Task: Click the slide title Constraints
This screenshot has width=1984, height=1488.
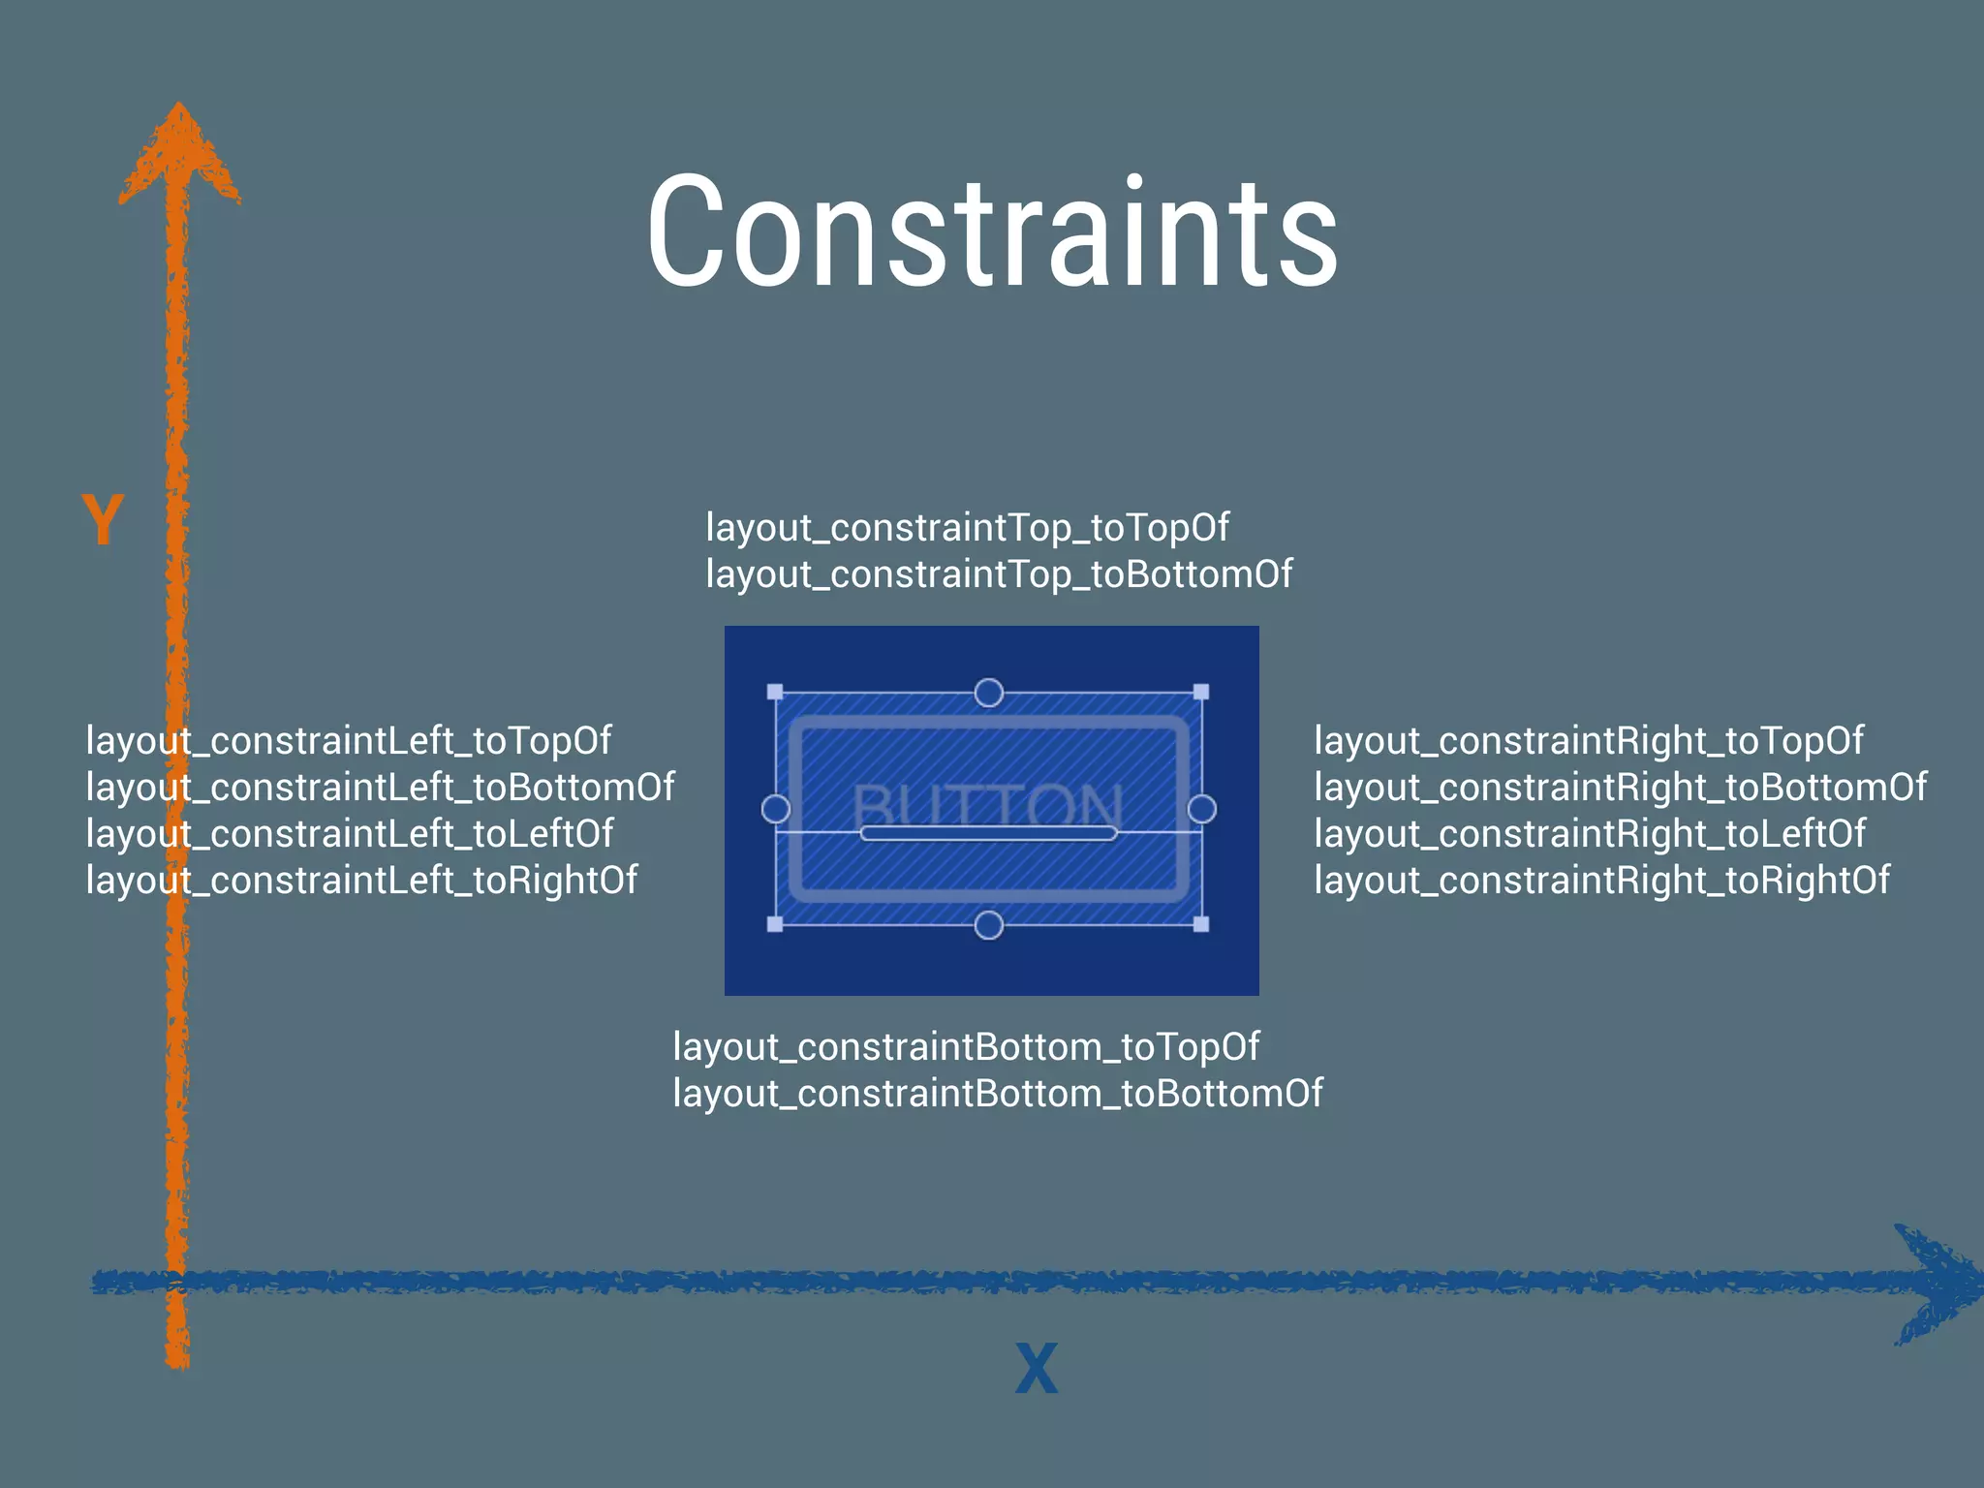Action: tap(992, 232)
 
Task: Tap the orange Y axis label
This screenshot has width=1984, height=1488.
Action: tap(102, 519)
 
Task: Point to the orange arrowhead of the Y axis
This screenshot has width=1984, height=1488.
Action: tap(179, 155)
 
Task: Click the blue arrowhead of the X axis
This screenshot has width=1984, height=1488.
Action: tap(1933, 1283)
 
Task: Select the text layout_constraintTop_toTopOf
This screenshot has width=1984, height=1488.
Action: tap(967, 528)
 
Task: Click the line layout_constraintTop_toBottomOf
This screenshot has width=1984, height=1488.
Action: tap(998, 574)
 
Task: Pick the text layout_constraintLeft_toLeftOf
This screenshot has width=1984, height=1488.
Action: tap(349, 834)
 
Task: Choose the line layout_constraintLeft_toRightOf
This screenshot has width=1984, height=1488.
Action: tap(361, 881)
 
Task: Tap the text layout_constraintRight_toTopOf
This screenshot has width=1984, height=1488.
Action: tap(1588, 741)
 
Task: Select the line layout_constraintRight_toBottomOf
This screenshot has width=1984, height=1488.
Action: tap(1620, 788)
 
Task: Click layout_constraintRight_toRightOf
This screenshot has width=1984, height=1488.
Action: tap(1600, 881)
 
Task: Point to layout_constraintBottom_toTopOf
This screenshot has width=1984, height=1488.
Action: tap(966, 1047)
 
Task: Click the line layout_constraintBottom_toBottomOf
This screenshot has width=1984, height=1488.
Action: tap(997, 1094)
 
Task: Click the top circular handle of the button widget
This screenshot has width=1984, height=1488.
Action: tap(988, 693)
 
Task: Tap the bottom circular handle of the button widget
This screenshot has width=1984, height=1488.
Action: tap(988, 925)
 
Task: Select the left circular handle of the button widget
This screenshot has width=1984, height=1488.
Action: tap(776, 809)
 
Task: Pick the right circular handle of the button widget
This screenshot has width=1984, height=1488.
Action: tap(1201, 809)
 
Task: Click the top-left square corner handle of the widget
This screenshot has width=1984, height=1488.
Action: tap(775, 692)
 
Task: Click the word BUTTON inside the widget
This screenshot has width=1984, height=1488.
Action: tap(988, 804)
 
